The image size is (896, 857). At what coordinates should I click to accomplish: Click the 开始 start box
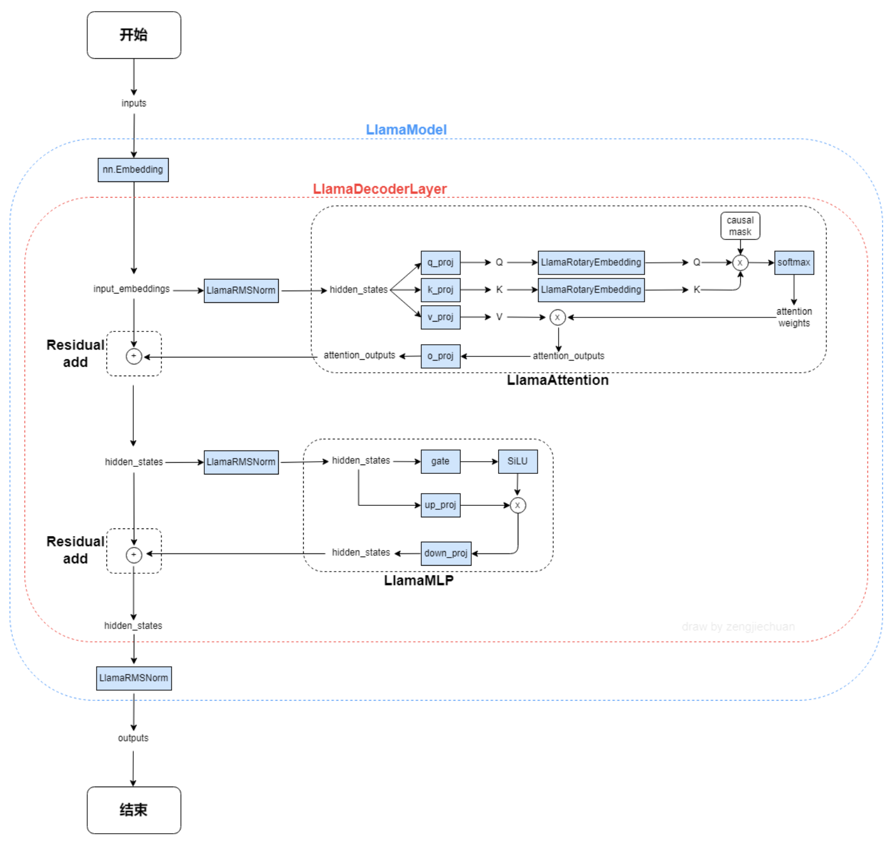[134, 35]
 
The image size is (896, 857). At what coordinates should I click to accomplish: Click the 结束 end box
[134, 810]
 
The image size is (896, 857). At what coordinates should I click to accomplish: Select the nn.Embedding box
[133, 170]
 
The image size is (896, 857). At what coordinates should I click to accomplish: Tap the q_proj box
[440, 262]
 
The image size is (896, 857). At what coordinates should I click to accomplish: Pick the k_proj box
[440, 290]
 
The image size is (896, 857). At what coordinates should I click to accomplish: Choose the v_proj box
[440, 317]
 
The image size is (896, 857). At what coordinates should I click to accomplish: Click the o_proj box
[440, 356]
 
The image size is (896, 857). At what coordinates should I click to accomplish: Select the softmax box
[794, 262]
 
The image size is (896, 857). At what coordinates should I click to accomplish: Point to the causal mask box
[740, 226]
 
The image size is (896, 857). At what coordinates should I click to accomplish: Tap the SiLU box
[518, 461]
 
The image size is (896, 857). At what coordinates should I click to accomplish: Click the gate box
[440, 461]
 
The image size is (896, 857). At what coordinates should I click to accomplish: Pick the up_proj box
[440, 505]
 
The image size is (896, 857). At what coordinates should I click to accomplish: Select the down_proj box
[446, 553]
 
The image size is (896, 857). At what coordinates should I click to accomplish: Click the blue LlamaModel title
[406, 130]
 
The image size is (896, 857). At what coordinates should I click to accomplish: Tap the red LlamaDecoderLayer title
[380, 189]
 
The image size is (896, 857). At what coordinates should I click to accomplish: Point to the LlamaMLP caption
[419, 580]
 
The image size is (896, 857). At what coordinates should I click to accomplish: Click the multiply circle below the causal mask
[740, 263]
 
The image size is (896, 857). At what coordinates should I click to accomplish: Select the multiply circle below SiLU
[518, 505]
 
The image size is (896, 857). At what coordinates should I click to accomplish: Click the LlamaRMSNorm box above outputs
[134, 678]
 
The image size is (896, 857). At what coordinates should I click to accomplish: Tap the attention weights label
[794, 317]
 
